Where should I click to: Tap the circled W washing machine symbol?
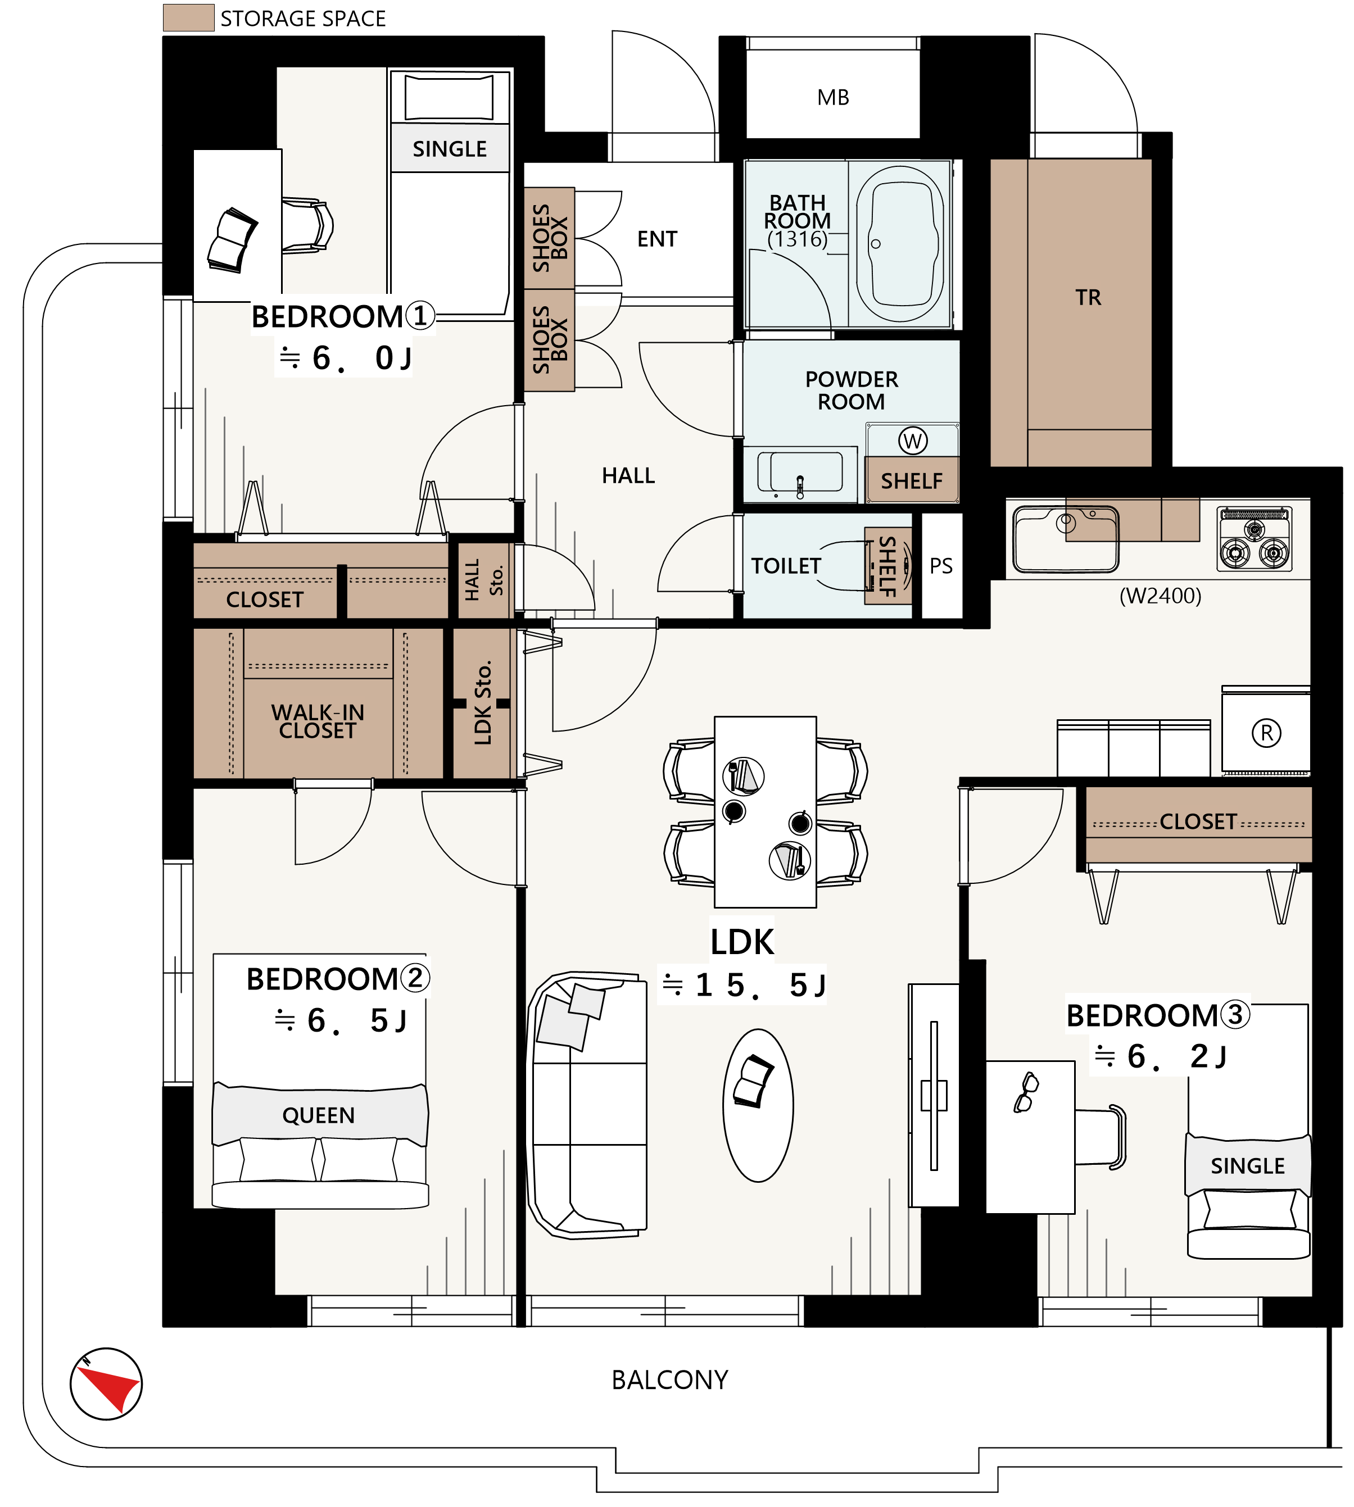tap(913, 441)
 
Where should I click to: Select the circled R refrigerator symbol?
tap(1266, 733)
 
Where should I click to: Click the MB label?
tap(832, 97)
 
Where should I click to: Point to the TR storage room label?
tap(1088, 298)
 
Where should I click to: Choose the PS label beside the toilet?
tap(940, 566)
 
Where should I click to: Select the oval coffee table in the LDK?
tap(758, 1105)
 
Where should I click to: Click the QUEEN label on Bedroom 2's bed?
tap(319, 1115)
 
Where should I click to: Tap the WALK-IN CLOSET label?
tap(318, 721)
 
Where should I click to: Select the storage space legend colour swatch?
tap(188, 18)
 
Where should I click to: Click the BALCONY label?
tap(669, 1380)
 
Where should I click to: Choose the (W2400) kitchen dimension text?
tap(1161, 596)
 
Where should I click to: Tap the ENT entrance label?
tap(657, 239)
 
